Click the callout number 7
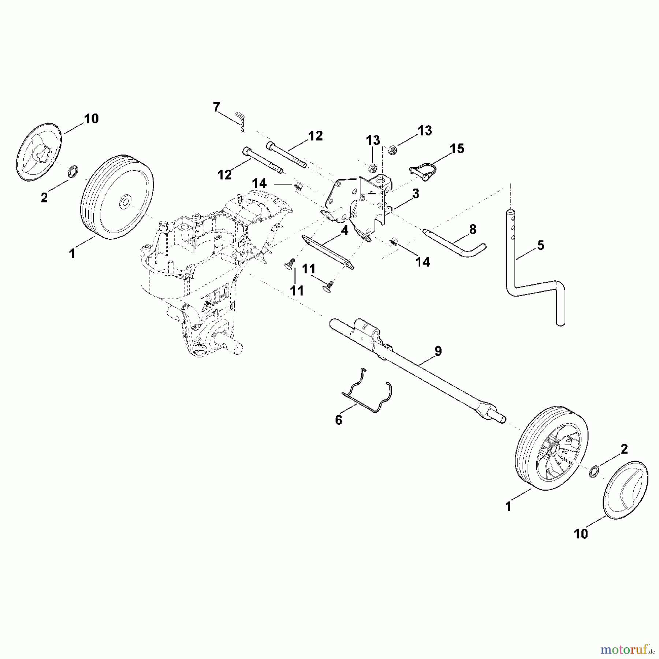pos(216,107)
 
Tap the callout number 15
pos(457,149)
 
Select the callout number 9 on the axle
pos(438,351)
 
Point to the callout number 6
pos(339,420)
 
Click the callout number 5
pos(541,245)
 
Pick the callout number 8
pos(473,230)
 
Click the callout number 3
pos(415,194)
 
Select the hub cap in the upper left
pos(39,152)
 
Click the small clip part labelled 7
pos(240,120)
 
